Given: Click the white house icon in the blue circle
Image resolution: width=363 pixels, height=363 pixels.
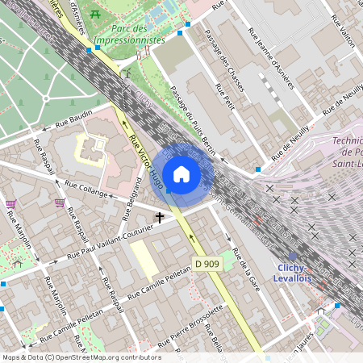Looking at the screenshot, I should pos(181,174).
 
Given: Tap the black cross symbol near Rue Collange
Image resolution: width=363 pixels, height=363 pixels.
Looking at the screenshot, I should pos(160,217).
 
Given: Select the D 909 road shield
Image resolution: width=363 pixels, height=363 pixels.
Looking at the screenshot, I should pos(206,264).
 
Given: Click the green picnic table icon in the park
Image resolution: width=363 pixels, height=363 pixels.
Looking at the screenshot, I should pos(96,14).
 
